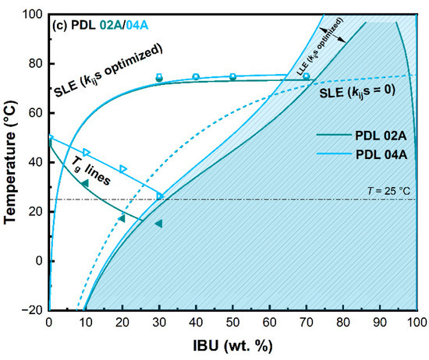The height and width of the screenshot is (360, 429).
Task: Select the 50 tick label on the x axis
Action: (232, 322)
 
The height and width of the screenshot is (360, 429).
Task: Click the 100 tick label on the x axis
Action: (417, 322)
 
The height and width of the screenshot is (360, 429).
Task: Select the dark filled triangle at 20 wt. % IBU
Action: (122, 218)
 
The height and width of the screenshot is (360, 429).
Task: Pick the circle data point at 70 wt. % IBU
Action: (306, 76)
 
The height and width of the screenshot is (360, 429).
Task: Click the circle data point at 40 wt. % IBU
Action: (196, 76)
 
